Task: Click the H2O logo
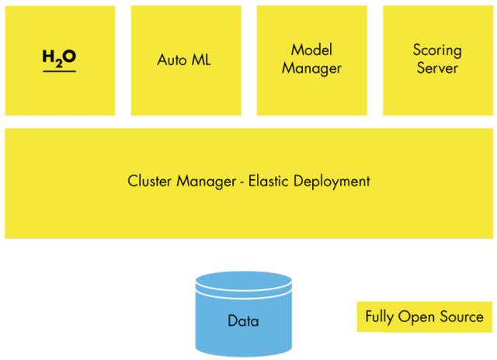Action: (x=59, y=60)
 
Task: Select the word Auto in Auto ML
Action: (x=171, y=60)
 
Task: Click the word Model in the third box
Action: (x=311, y=50)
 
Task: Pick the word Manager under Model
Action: (x=311, y=68)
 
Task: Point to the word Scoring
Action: (x=437, y=51)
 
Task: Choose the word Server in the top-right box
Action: (x=437, y=68)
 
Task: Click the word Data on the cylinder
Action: (x=243, y=320)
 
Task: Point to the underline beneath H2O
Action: (x=59, y=71)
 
